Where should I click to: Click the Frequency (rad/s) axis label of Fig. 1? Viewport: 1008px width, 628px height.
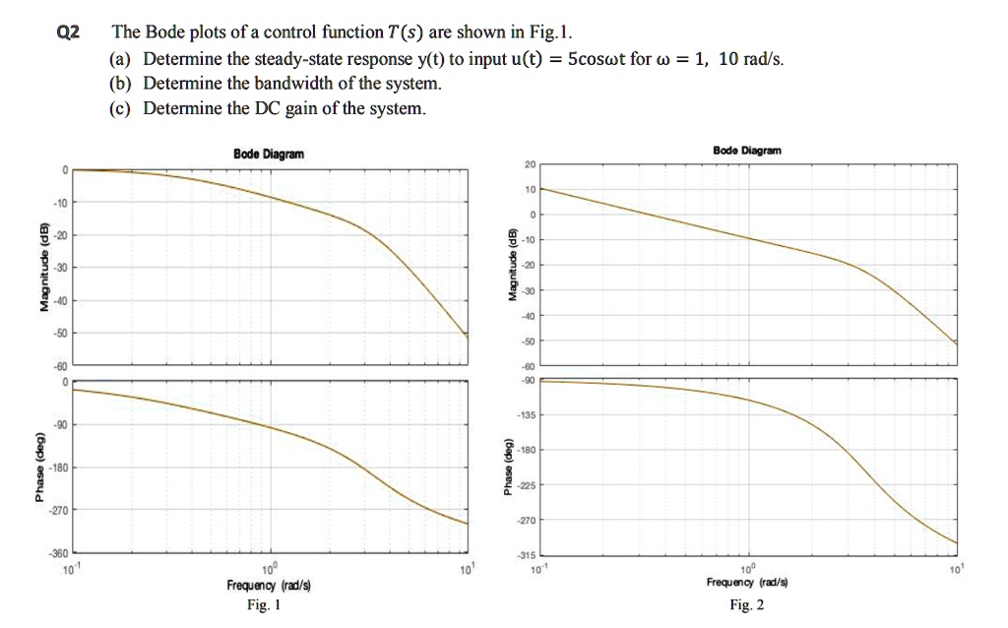[269, 586]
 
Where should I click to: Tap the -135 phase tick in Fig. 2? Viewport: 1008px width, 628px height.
[523, 415]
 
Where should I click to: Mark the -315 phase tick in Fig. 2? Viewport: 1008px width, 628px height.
[523, 555]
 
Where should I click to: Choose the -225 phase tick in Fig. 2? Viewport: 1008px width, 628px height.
[523, 485]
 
